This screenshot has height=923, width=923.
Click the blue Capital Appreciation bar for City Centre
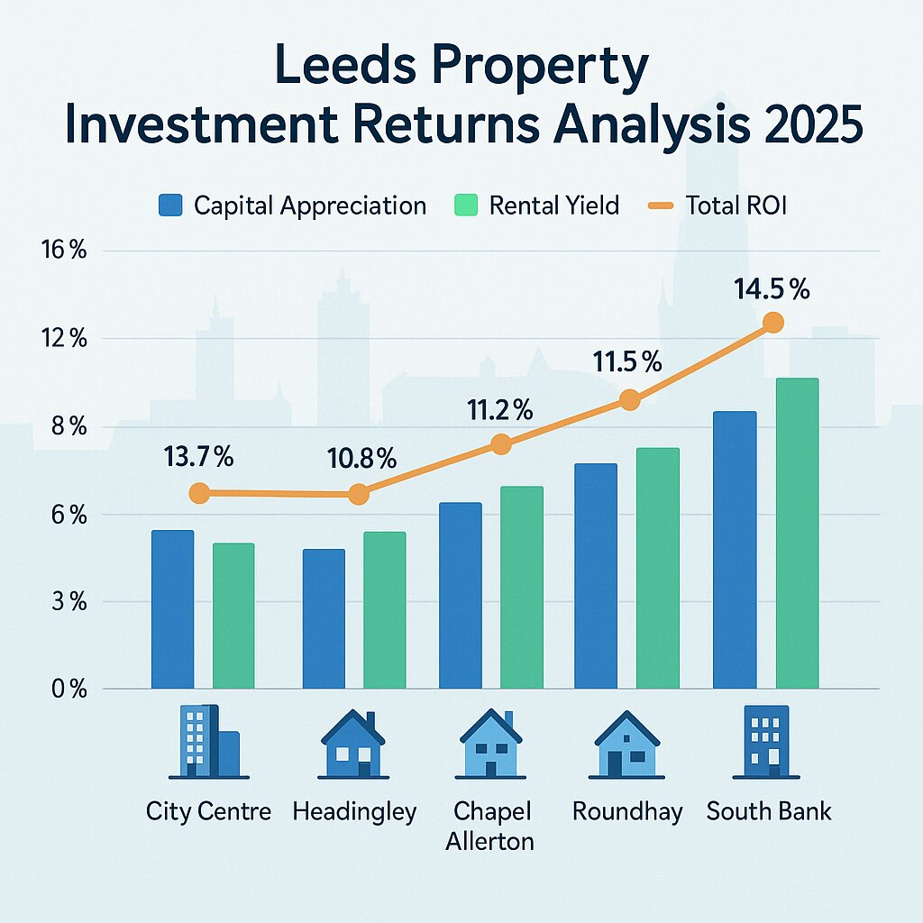(172, 609)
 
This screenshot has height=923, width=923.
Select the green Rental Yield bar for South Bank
(797, 534)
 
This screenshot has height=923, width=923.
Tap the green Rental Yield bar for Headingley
(384, 610)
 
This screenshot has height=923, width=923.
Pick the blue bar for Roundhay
(596, 576)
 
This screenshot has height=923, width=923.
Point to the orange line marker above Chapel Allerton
(502, 443)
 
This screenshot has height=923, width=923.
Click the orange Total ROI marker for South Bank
(772, 322)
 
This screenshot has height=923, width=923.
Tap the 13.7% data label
(199, 457)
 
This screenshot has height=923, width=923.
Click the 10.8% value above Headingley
(361, 459)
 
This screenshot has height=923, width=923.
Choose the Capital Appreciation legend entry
(292, 206)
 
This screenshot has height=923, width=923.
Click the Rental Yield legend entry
(535, 206)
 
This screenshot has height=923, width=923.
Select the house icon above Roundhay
(628, 744)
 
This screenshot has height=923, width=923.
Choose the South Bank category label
(769, 811)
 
